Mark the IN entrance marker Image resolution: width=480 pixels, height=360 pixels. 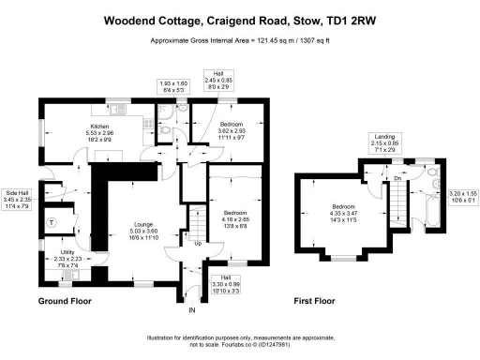pyautogui.click(x=191, y=309)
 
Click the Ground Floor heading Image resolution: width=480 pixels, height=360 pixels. pyautogui.click(x=66, y=302)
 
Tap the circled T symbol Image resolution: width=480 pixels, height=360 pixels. pyautogui.click(x=52, y=223)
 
